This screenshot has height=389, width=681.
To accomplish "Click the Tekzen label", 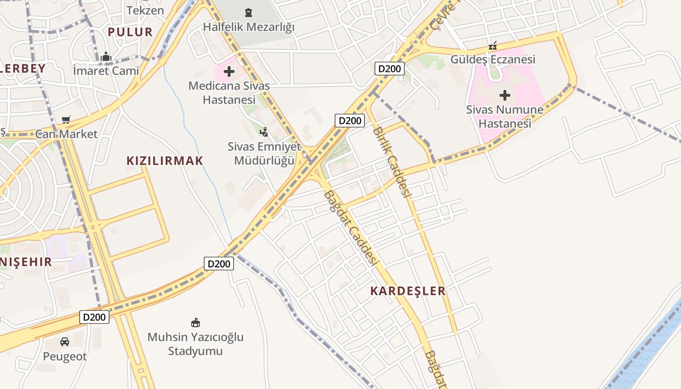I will [145, 10].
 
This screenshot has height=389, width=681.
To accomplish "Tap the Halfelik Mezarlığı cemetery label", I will [249, 27].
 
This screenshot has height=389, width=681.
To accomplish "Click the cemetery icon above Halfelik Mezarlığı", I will [249, 12].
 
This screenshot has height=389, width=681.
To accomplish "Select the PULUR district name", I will [130, 32].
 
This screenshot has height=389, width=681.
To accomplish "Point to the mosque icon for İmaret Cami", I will [106, 57].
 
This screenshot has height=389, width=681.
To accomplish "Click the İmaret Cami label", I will [106, 71].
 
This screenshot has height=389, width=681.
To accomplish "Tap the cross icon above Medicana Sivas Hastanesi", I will [229, 72].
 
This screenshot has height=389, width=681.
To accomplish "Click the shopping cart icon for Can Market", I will [66, 120].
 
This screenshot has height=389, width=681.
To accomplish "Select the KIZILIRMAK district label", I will [164, 161].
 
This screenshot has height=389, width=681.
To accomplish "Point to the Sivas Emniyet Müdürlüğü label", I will [264, 153].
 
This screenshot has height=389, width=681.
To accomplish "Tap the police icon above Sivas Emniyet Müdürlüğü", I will [264, 131].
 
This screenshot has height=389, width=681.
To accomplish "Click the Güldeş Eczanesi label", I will [493, 59].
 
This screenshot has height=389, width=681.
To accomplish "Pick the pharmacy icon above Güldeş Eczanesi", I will [493, 46].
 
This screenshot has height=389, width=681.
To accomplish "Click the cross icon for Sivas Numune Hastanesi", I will [505, 95].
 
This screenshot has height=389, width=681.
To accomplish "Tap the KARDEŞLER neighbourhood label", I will [408, 291].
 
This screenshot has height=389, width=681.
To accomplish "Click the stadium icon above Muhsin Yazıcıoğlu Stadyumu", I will [196, 322].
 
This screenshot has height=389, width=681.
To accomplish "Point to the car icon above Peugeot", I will [65, 342].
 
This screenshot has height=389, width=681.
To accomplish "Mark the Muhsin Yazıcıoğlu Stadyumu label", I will [196, 344].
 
